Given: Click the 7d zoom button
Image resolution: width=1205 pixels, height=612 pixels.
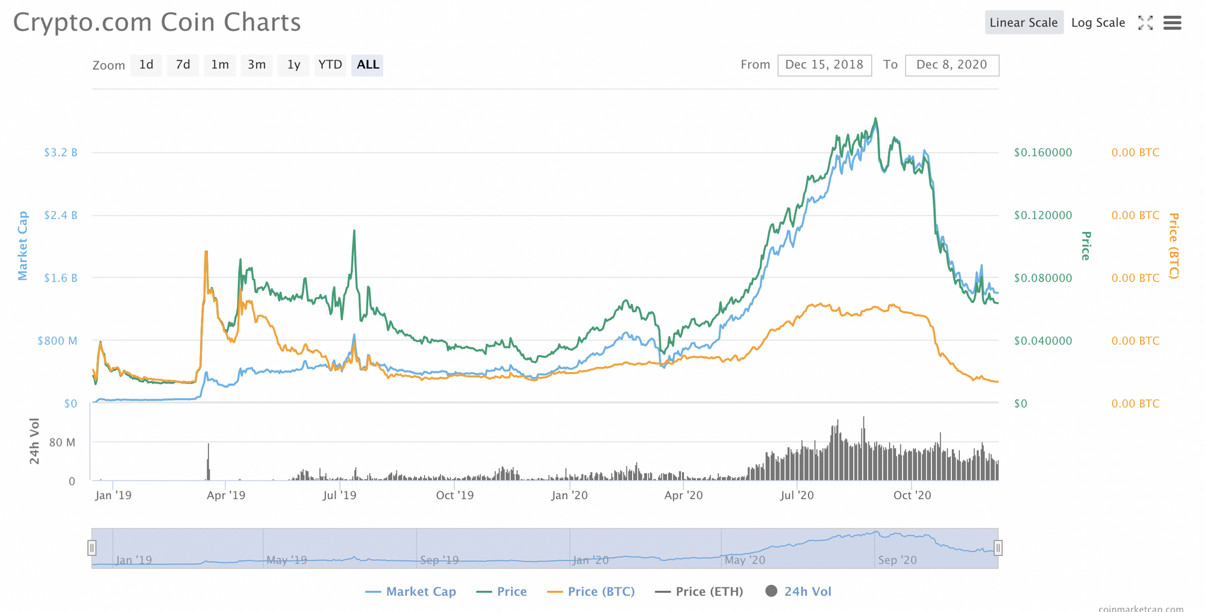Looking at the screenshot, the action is coord(183,65).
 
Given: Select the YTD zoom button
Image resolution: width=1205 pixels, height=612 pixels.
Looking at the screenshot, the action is coord(330,65).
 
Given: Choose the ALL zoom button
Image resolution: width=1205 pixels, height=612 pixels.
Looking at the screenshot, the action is coord(368,65).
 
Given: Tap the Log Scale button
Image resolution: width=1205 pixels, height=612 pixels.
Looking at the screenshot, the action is coord(1098,23).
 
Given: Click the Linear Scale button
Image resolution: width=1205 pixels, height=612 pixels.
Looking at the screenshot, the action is coord(1024,23).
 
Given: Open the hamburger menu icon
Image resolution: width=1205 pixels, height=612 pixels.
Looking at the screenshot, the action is coord(1172,23).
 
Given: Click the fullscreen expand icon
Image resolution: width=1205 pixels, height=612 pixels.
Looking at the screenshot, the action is coord(1145,23).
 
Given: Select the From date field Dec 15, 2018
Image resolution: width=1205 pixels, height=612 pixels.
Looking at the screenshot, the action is coord(824,65).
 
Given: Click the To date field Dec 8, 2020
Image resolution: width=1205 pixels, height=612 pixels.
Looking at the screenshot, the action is coord(951,65).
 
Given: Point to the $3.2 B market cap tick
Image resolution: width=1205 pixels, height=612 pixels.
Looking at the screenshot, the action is coord(60,153).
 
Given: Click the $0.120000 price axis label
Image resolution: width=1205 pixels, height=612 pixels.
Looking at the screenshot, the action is coord(1043,215).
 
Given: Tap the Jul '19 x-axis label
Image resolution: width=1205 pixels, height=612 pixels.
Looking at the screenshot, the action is coord(340,496).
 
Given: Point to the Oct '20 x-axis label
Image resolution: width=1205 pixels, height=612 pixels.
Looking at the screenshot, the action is coord(912,496).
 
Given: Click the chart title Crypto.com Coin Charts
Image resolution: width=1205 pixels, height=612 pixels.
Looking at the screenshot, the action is coord(157,23).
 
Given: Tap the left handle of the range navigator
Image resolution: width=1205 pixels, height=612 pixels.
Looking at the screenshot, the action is coord(92,547).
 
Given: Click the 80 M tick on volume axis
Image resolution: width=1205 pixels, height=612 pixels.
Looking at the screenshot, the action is coord(62,443).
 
